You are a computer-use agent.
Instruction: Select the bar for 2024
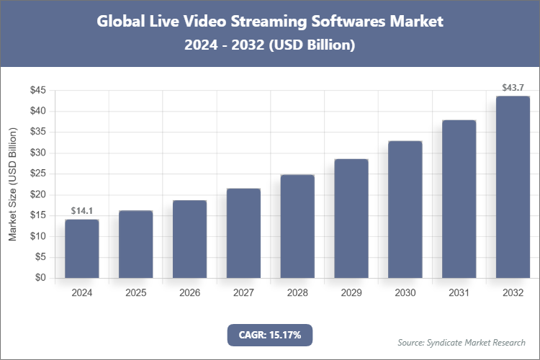pyautogui.click(x=82, y=248)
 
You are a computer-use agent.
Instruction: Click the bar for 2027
pyautogui.click(x=243, y=233)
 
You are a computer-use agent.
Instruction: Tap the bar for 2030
pyautogui.click(x=405, y=209)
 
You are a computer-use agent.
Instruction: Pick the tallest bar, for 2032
pyautogui.click(x=513, y=187)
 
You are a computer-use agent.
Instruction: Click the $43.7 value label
pyautogui.click(x=513, y=88)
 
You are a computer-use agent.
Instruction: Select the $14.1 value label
pyautogui.click(x=82, y=211)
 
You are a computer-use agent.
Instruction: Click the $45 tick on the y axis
pyautogui.click(x=37, y=91)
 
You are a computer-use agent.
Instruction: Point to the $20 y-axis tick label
pyautogui.click(x=37, y=194)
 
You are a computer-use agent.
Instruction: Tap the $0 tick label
pyautogui.click(x=40, y=278)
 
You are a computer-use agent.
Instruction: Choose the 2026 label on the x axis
pyautogui.click(x=189, y=293)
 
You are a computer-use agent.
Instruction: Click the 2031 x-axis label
pyautogui.click(x=459, y=293)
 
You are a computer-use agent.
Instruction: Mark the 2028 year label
pyautogui.click(x=297, y=293)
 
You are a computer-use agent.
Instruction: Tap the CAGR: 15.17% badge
pyautogui.click(x=270, y=335)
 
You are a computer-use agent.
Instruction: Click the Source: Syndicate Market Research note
pyautogui.click(x=462, y=342)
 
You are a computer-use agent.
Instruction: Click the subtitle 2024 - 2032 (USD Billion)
pyautogui.click(x=270, y=45)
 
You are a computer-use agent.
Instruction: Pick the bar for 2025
pyautogui.click(x=136, y=244)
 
